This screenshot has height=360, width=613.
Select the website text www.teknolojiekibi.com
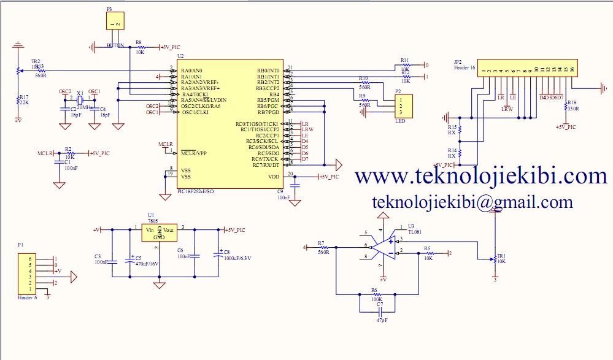tap(481, 177)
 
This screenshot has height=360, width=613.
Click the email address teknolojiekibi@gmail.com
tap(472, 202)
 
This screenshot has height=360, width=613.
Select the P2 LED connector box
tap(403, 106)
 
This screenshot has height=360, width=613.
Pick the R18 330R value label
tap(573, 109)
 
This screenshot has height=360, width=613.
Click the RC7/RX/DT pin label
tap(266, 165)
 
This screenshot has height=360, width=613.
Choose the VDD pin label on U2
tap(274, 177)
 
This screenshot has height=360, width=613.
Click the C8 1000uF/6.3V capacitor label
tap(237, 258)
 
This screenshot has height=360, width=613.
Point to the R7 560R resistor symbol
tap(324, 247)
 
